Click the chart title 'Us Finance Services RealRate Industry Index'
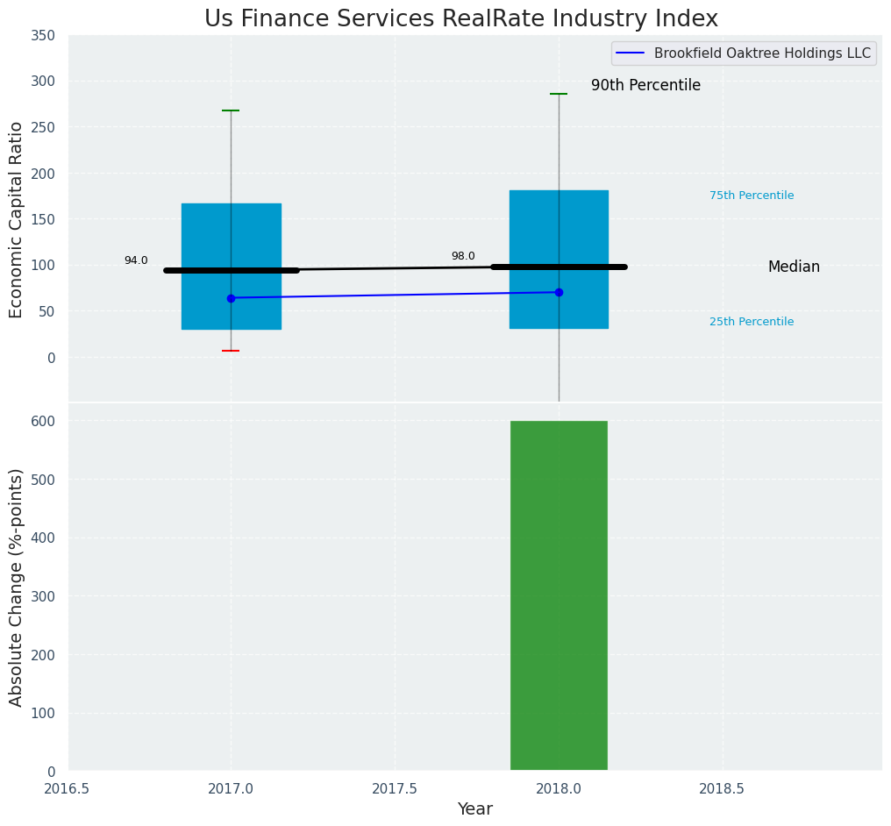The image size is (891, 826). pos(461,18)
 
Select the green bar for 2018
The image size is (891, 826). pos(559,595)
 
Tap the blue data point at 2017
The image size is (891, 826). pos(231,298)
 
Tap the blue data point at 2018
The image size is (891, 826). pos(559,292)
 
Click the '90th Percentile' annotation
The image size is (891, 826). pos(645,85)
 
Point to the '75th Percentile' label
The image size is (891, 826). pos(752,196)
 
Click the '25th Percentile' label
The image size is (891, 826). pos(752,322)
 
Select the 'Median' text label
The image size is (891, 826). pos(794,267)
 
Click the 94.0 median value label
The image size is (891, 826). pos(136,260)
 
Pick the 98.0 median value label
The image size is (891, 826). pos(463,256)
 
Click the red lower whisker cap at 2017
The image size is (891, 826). pos(231,351)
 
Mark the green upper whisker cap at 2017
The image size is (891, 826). pos(231,110)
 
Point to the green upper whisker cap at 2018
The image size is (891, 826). pos(559,94)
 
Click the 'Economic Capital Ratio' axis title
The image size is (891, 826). pos(17,219)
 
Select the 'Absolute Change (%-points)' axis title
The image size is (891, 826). pos(17,587)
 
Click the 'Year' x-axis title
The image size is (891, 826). pos(474,809)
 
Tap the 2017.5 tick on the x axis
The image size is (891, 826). pos(395,788)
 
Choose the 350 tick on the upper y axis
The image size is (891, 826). pos(44,35)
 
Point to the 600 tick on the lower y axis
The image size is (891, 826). pos(44,421)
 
